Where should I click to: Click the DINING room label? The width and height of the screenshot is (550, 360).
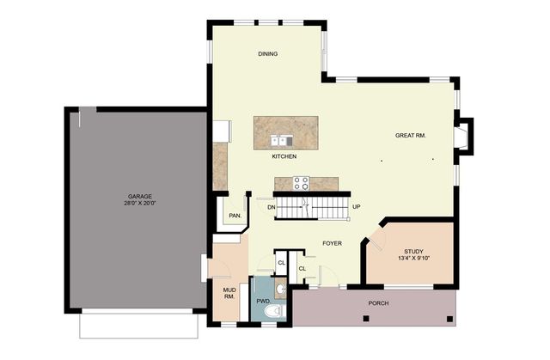(268, 54)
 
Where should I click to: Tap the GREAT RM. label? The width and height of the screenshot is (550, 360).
(411, 135)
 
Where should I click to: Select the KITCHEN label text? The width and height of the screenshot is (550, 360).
(284, 156)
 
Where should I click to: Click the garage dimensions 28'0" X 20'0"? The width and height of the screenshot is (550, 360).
(139, 203)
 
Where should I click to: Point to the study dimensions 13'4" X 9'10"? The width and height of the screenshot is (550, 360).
(414, 259)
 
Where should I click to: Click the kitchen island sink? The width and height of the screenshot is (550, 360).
(281, 141)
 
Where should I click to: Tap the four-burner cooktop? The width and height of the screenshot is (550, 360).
(302, 183)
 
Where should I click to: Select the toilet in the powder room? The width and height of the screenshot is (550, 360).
(275, 311)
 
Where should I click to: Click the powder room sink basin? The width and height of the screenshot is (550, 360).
(280, 290)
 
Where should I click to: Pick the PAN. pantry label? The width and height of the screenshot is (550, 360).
(235, 216)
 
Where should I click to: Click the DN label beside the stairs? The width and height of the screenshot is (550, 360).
(272, 207)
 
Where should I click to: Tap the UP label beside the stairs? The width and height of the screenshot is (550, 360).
(357, 207)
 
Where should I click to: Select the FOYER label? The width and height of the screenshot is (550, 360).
(333, 243)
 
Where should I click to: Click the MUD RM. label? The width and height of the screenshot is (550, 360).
(229, 293)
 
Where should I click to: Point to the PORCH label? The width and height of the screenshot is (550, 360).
(378, 302)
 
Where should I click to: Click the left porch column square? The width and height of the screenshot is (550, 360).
(366, 319)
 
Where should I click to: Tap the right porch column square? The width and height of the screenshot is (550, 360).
(449, 319)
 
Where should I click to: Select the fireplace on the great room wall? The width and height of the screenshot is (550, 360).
(463, 137)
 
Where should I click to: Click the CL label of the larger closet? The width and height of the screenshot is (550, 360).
(302, 269)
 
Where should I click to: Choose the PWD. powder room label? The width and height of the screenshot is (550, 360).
(264, 301)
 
